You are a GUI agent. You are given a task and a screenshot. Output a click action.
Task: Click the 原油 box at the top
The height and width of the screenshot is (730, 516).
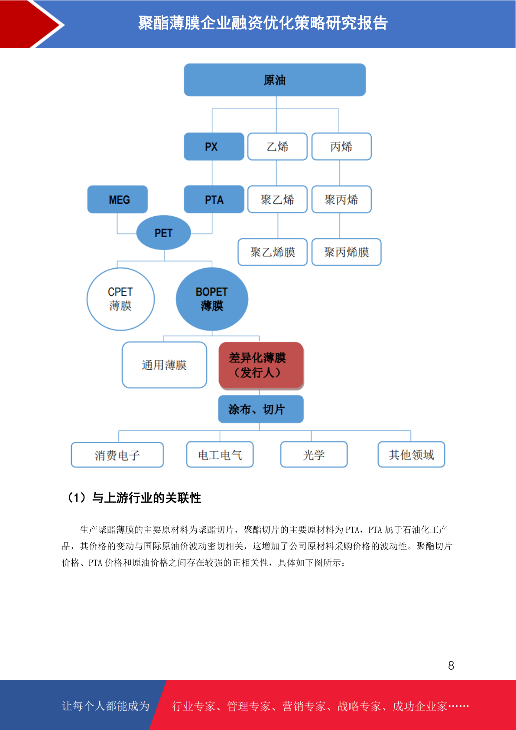click(275, 80)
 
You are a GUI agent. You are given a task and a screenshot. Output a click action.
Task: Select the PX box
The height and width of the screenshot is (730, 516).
click(214, 147)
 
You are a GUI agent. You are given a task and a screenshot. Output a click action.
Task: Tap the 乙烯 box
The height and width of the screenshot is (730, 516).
click(277, 147)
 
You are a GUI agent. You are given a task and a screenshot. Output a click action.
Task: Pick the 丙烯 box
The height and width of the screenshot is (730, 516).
click(341, 147)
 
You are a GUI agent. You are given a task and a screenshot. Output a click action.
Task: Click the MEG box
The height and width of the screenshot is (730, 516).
click(117, 199)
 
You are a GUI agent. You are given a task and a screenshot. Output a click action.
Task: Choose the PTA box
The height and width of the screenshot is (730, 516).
click(214, 199)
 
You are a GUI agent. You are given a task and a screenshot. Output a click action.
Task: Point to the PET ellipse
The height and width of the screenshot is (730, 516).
click(163, 232)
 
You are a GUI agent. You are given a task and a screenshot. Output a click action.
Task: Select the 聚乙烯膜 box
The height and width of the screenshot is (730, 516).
click(273, 252)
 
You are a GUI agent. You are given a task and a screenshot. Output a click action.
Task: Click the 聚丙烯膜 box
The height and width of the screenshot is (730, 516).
click(346, 252)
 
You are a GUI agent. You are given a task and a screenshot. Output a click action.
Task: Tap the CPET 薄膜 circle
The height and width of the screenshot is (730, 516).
click(120, 299)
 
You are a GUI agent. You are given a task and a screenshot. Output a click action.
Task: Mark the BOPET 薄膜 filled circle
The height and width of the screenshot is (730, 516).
click(212, 299)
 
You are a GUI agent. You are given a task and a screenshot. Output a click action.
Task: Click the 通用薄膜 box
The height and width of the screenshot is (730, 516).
click(164, 365)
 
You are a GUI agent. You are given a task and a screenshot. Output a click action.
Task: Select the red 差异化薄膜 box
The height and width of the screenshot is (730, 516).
click(261, 365)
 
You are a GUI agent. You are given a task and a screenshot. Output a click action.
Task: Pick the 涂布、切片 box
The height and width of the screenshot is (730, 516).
click(261, 409)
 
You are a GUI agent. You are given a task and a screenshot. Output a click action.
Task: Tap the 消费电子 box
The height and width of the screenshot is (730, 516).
click(117, 455)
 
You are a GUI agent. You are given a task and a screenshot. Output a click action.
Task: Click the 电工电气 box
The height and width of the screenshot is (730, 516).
click(220, 454)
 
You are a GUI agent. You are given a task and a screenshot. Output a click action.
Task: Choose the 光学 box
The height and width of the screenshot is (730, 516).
click(314, 454)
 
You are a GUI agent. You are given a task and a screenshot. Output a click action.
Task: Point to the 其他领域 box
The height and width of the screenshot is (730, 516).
click(411, 454)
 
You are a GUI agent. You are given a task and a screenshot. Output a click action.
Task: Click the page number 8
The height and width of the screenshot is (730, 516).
click(451, 665)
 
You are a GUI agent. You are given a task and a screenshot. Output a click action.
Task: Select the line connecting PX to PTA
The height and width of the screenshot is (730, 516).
click(212, 173)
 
